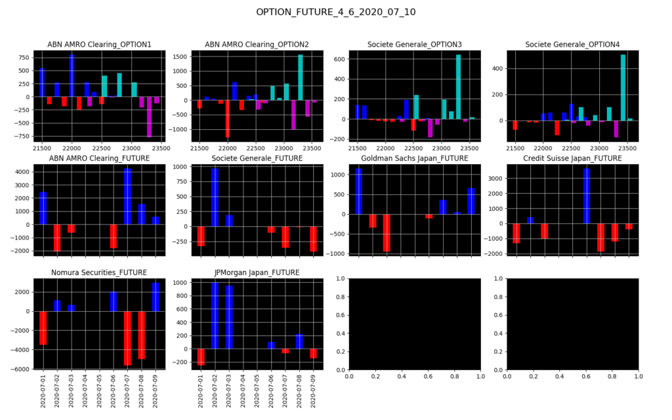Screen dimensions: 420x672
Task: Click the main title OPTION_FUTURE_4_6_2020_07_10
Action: click(335, 12)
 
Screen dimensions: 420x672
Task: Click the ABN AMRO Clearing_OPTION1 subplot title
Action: click(99, 45)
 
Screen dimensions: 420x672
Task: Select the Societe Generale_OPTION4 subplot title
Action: click(572, 45)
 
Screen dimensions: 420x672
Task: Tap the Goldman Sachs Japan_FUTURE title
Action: click(415, 158)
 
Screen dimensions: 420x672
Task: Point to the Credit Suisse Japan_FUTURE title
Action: click(572, 158)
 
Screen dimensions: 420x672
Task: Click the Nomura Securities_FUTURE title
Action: click(99, 272)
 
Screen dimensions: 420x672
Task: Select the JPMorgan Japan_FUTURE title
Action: click(257, 272)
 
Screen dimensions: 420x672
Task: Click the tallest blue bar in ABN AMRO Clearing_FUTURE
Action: click(127, 196)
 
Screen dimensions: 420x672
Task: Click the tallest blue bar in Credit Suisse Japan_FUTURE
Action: click(587, 196)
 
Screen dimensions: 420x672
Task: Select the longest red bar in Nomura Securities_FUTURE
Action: click(127, 338)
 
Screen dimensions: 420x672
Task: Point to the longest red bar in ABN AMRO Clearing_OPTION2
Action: click(228, 119)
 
